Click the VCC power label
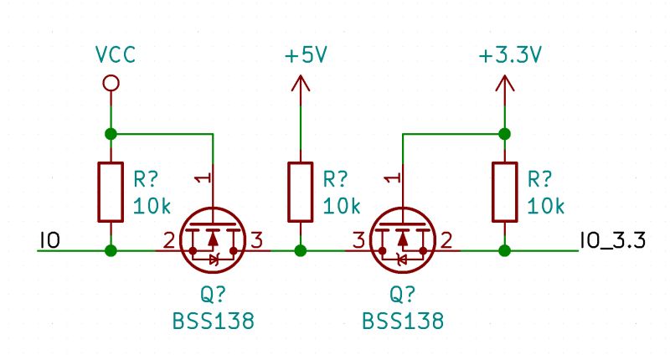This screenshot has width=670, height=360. click(x=115, y=55)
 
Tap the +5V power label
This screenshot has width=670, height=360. click(x=305, y=55)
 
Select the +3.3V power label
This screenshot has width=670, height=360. click(x=510, y=55)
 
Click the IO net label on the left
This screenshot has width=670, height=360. click(x=49, y=242)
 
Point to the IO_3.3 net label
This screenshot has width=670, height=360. click(x=611, y=242)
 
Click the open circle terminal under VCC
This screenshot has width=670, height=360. click(x=110, y=83)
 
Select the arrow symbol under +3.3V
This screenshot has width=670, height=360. click(x=504, y=83)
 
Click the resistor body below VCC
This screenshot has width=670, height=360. click(x=110, y=192)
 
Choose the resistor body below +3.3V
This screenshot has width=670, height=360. click(x=504, y=192)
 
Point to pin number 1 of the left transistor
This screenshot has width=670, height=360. click(x=198, y=177)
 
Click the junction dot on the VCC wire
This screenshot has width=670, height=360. click(x=110, y=133)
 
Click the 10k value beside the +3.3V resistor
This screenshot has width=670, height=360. click(x=546, y=206)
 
